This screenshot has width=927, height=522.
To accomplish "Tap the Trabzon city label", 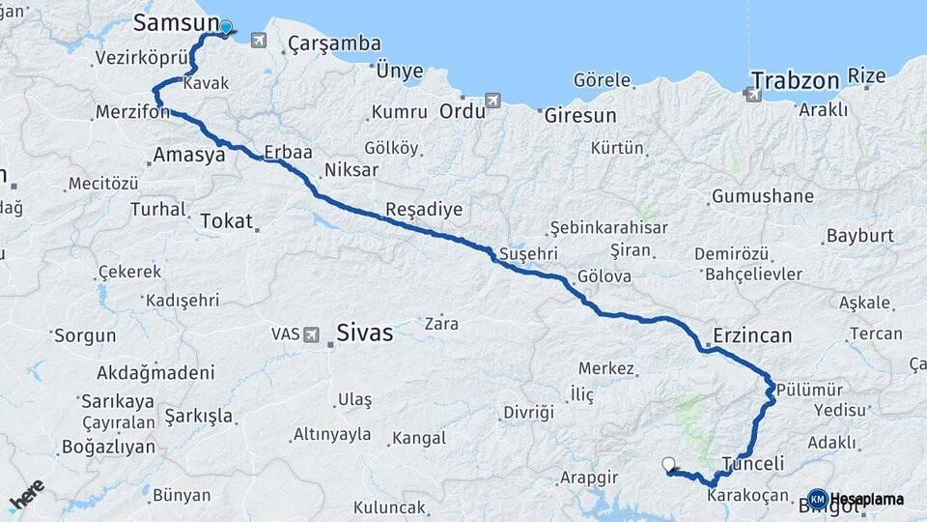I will coord(794,79).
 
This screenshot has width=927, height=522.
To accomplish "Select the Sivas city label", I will coord(364,333).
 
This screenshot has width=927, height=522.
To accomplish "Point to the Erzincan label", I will coord(752,336).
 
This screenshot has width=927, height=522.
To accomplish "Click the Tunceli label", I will coord(753,463).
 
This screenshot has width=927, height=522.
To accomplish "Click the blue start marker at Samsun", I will coord(226,28).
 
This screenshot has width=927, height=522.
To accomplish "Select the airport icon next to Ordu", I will coord(493,101).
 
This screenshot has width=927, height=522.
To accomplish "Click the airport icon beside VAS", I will coord(311,334).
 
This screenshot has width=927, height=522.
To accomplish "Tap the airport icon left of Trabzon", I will coord(751,94).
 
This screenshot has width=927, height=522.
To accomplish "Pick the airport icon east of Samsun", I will coord(258,40).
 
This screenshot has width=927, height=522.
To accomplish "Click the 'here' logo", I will coord(26,495).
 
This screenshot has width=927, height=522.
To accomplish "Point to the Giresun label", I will coord(580,115).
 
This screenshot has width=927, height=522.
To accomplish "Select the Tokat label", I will coord(226,221).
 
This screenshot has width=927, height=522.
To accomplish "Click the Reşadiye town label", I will coord(423,209).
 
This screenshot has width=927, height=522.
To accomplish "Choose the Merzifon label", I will coord(132,113).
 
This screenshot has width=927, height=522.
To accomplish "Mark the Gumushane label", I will coord(762,196).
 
